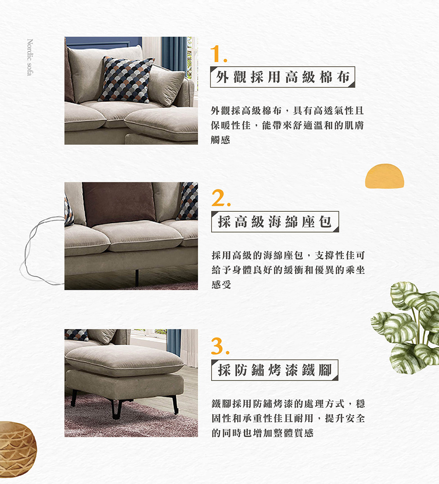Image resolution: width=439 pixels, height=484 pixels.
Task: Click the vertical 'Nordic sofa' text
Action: point(29,57)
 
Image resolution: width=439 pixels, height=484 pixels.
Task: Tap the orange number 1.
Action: point(218,55)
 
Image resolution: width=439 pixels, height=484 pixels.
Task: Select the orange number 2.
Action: point(219,199)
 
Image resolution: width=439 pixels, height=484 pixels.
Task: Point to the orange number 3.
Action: point(219,346)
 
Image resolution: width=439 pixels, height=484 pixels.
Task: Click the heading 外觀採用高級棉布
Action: point(282,77)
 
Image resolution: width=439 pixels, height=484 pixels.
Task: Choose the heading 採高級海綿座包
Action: point(275,222)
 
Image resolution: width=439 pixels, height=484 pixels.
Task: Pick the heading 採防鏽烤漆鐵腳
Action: point(275,370)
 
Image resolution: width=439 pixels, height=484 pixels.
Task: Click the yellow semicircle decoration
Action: point(385,177)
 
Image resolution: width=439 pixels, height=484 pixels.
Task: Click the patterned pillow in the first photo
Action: point(126,79)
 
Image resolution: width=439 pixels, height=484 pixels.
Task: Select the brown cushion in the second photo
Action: point(119,203)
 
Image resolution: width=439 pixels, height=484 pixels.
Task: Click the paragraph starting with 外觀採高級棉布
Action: point(287,125)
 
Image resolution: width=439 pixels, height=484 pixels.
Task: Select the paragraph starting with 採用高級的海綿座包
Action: point(288,270)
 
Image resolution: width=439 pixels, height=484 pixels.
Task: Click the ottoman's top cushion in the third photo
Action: point(125,359)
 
